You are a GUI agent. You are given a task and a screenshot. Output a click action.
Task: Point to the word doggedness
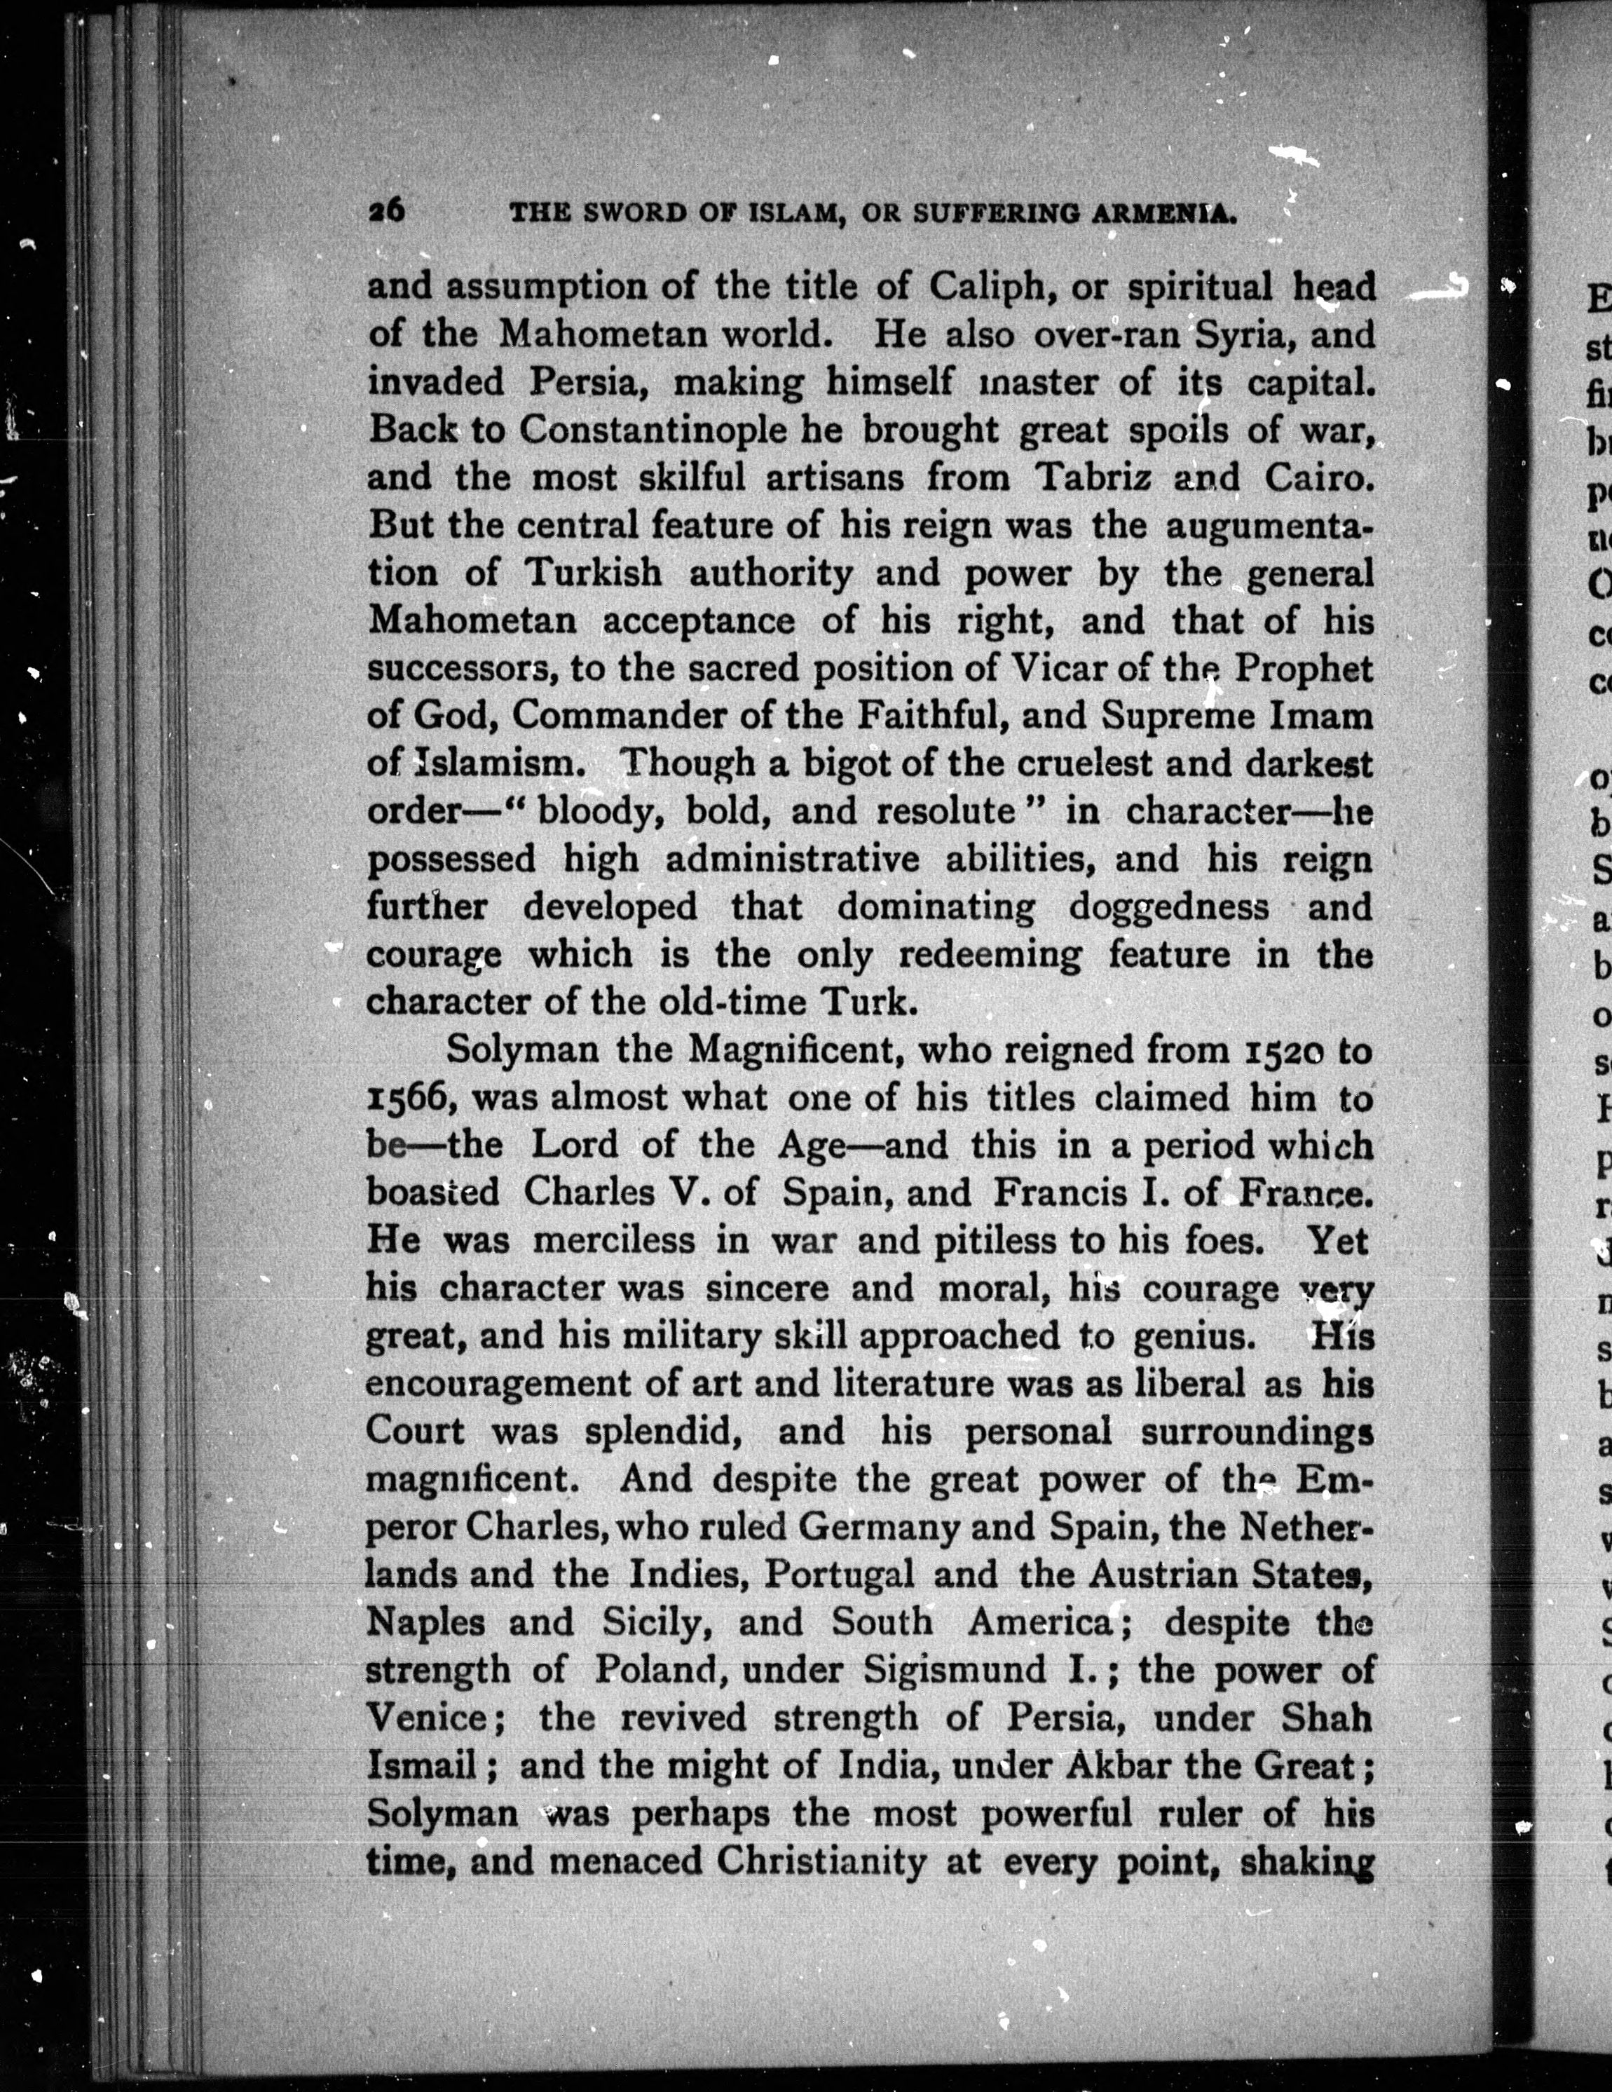point(1168,906)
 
